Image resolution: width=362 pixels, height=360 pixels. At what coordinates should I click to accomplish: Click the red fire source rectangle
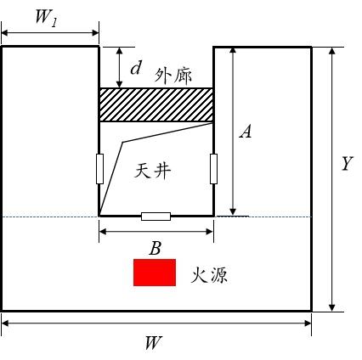(155, 273)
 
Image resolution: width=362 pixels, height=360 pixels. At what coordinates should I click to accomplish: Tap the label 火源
(209, 275)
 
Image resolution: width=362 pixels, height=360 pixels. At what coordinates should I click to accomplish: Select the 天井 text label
(153, 171)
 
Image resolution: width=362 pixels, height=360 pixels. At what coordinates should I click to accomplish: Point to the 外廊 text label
(173, 76)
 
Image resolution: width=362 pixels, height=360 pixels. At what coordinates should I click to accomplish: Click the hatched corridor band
(156, 105)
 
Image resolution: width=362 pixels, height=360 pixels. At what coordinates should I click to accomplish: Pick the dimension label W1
(47, 19)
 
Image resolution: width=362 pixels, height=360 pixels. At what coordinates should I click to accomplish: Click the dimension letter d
(136, 68)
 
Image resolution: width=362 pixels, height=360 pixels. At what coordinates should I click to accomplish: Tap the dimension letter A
(246, 132)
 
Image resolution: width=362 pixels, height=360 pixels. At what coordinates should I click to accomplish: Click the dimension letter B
(156, 249)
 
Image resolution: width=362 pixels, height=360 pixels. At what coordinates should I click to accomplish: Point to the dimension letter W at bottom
(153, 343)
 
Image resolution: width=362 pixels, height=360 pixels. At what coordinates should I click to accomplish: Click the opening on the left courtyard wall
(99, 169)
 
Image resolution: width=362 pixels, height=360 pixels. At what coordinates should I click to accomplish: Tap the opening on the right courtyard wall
(213, 169)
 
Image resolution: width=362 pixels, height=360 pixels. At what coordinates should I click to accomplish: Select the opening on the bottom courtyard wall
(156, 217)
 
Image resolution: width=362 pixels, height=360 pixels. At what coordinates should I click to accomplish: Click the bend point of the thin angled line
(122, 142)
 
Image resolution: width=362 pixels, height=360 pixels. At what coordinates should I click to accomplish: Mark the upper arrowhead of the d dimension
(120, 51)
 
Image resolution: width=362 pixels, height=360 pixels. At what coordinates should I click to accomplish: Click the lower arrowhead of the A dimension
(233, 211)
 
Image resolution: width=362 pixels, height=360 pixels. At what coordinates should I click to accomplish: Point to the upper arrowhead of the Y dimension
(332, 51)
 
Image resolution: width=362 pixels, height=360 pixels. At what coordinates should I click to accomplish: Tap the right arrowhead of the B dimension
(209, 232)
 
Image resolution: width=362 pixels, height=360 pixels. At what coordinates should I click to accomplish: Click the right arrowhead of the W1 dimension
(94, 33)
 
